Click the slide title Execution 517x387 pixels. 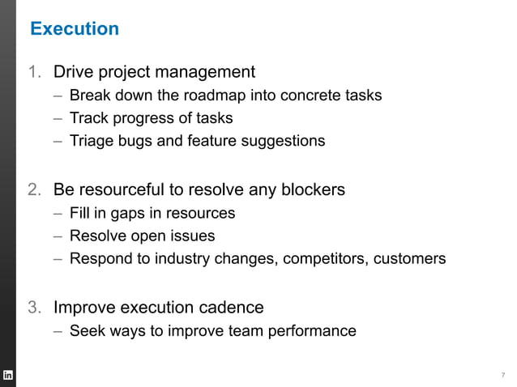click(75, 29)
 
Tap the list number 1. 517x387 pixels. click(34, 73)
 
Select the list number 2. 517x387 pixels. click(34, 190)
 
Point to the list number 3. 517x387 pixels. click(34, 308)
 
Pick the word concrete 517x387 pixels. click(309, 96)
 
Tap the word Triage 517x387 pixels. click(90, 141)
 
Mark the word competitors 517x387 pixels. click(338, 260)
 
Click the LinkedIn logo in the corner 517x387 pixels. click(8, 375)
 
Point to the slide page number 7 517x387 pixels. click(502, 375)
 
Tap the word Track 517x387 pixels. click(88, 118)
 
